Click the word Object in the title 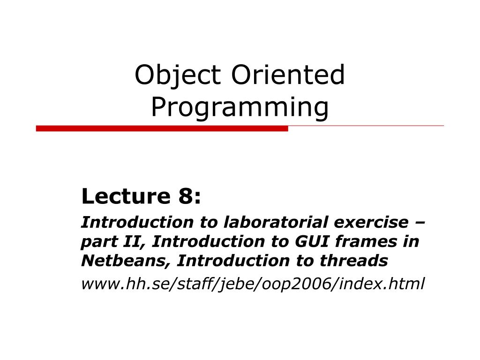click(x=178, y=75)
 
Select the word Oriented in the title click(x=288, y=75)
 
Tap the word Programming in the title click(x=240, y=108)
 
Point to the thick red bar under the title click(x=162, y=128)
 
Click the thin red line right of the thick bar click(x=366, y=126)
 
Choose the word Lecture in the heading click(x=126, y=196)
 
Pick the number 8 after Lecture click(x=185, y=196)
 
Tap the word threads click(x=354, y=261)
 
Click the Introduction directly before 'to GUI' click(x=208, y=241)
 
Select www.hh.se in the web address click(x=124, y=284)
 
